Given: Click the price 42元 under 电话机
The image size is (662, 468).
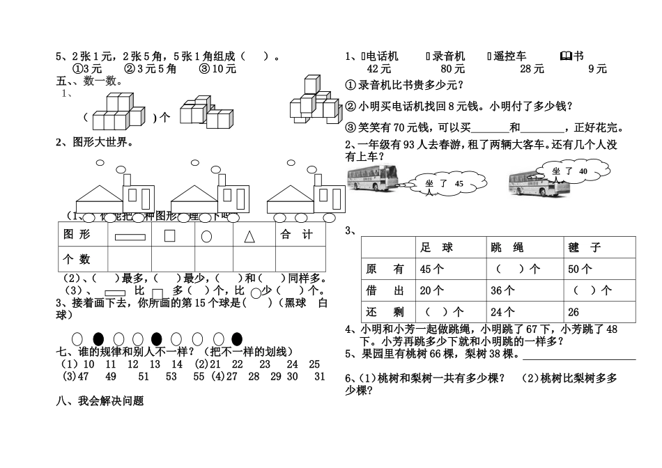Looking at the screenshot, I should pos(379,68).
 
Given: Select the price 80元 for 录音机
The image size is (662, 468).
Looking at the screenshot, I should pos(452,68).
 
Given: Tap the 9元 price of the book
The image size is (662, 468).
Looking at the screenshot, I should pos(597,68).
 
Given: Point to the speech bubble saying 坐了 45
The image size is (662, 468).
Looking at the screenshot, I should pos(446,185).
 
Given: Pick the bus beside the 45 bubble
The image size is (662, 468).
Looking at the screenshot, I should pos(372,178).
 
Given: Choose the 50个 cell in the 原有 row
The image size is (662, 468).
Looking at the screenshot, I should pos(580,269).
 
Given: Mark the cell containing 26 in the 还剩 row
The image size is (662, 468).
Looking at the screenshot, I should pos(574,312).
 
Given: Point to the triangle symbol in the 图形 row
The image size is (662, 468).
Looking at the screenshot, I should pos(249,236).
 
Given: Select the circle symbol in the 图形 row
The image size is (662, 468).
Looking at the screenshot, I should pos(206,236).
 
